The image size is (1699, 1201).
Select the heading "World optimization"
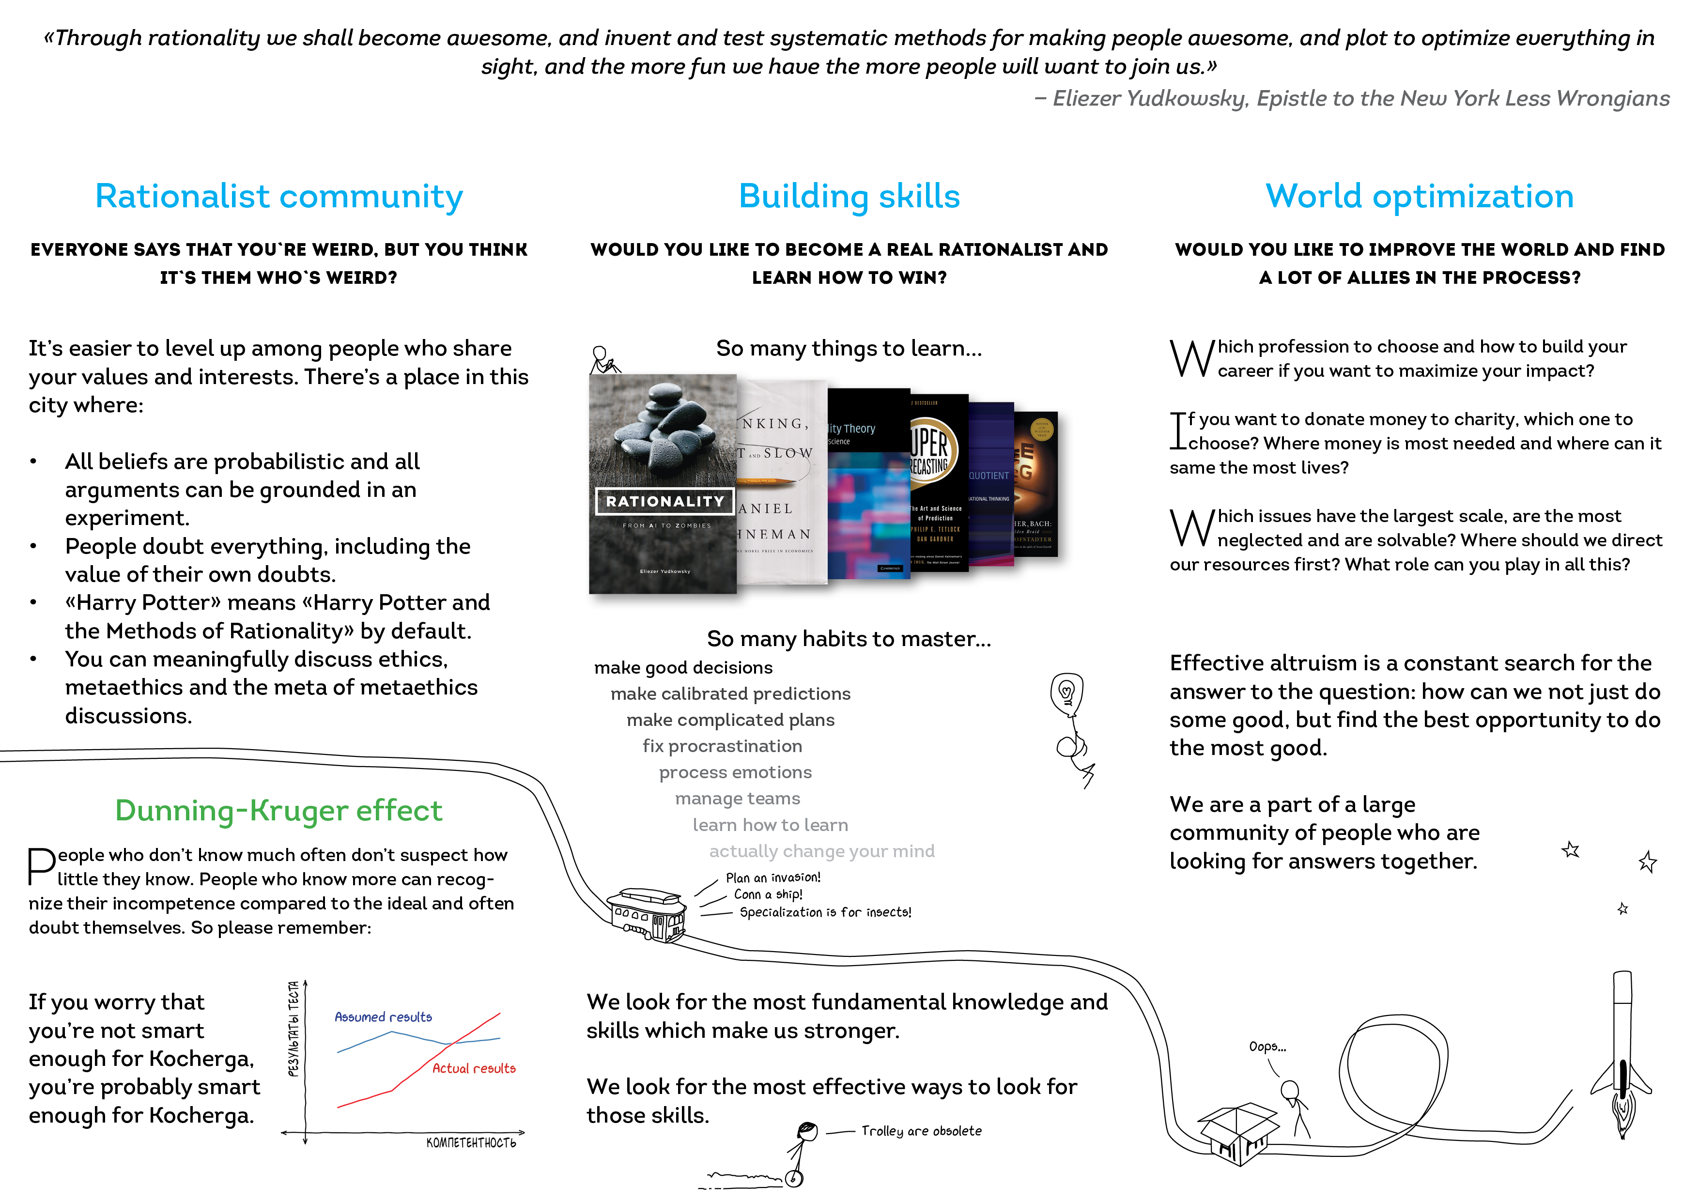click(1419, 197)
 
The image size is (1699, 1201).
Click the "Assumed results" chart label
click(383, 1017)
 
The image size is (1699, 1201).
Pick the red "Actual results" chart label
click(474, 1068)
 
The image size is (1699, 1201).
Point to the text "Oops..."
click(1267, 1047)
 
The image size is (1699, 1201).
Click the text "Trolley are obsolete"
click(921, 1131)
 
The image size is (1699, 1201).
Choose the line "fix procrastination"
click(722, 746)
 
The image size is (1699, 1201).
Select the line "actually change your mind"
click(821, 851)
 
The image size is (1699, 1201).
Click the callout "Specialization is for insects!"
click(825, 912)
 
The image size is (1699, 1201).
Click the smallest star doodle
click(1623, 908)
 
